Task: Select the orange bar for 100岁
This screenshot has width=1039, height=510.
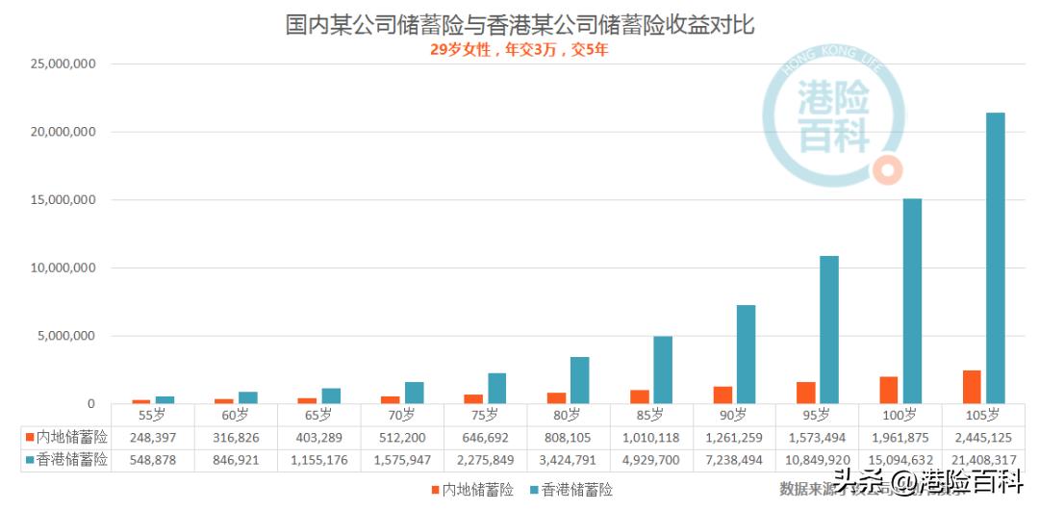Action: [889, 390]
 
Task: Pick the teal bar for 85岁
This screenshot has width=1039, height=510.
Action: [663, 370]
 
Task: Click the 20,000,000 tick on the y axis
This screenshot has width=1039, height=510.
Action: [61, 132]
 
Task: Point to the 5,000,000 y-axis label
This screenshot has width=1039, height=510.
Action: [64, 336]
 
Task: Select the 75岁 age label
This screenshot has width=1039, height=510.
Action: [485, 416]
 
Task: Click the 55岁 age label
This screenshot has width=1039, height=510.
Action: [153, 416]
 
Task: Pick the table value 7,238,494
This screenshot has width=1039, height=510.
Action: [734, 461]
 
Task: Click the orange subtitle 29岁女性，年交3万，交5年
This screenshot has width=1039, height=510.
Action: [519, 50]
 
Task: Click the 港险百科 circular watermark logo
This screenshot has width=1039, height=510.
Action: [833, 115]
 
